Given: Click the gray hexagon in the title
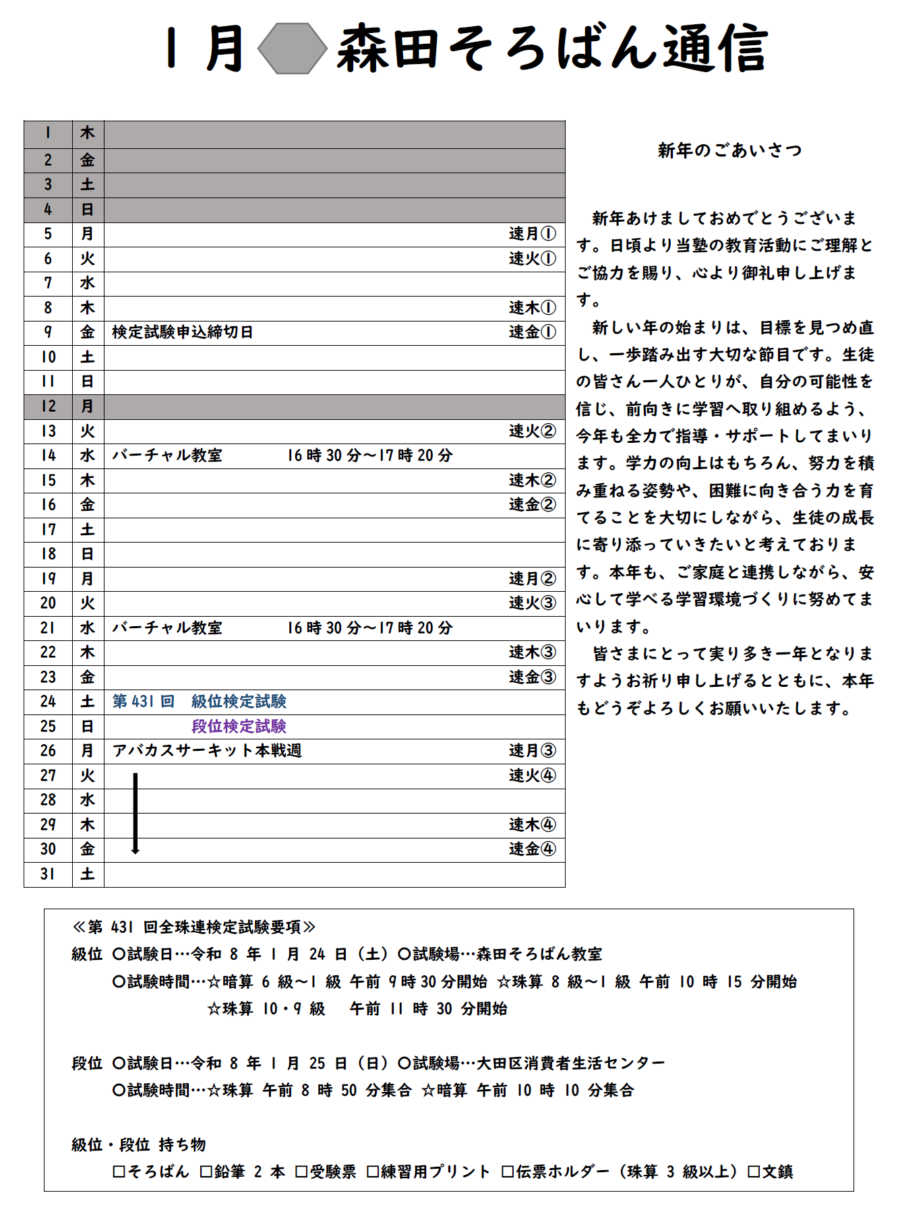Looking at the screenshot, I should point(293,49).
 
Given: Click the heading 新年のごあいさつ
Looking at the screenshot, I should point(729,150).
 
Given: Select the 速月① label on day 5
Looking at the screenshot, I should point(532,234).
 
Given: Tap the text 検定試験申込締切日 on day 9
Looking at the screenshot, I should point(183,332).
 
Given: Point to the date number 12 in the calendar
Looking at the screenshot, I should point(48,406).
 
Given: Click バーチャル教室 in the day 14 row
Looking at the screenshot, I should point(167,456).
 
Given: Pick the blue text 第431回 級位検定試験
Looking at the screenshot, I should point(200,702).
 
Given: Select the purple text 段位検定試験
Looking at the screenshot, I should point(239,726).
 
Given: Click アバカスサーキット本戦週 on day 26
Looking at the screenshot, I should point(207,751).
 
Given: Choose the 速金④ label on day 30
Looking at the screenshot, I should point(532,849).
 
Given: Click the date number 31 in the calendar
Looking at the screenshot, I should point(48,874).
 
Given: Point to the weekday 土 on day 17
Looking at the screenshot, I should point(88,530).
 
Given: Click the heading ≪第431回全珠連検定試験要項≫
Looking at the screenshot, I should point(194,927).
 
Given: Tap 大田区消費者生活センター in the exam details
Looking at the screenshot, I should point(570,1063).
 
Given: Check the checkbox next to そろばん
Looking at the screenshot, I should point(119,1171).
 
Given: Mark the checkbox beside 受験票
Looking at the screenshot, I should point(301,1171).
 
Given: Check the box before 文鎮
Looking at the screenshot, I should point(754,1171).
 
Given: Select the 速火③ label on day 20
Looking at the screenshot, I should point(532,603).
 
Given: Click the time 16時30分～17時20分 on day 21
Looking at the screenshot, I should point(370,628).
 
